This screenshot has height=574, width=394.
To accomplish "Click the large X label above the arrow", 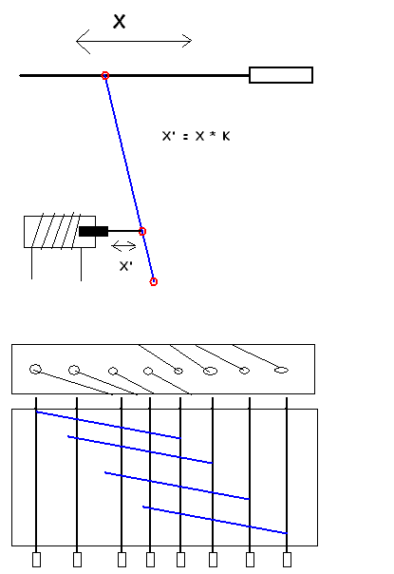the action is [120, 21].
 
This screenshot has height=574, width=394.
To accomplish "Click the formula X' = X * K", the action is [197, 136].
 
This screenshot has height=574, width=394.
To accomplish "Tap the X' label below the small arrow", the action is [126, 266].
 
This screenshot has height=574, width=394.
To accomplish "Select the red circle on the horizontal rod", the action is [105, 75].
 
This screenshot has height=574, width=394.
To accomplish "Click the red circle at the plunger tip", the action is [142, 231].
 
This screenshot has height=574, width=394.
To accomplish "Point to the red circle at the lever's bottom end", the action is [154, 281].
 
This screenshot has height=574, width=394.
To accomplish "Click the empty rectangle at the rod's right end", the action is [281, 75].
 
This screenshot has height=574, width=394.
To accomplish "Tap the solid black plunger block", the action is [94, 231].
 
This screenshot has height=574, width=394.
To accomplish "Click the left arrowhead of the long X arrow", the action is [83, 42].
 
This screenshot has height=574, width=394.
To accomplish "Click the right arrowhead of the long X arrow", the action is [187, 41].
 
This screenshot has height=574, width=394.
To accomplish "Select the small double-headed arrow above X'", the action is [124, 246].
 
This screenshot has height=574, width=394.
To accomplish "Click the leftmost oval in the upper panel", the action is [35, 369].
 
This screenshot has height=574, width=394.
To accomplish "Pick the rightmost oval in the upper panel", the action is [281, 370].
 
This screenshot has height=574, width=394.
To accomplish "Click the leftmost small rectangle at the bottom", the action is [36, 560].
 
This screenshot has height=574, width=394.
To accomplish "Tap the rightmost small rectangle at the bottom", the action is [287, 560].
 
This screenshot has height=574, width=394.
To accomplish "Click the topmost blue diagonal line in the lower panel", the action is [108, 425].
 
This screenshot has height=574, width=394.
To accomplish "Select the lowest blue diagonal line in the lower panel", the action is [215, 520].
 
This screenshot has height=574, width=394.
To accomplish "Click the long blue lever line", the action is [129, 179].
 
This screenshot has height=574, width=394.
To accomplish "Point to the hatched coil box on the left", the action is [60, 232].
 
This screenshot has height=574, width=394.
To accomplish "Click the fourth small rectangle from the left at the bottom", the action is [150, 560].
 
